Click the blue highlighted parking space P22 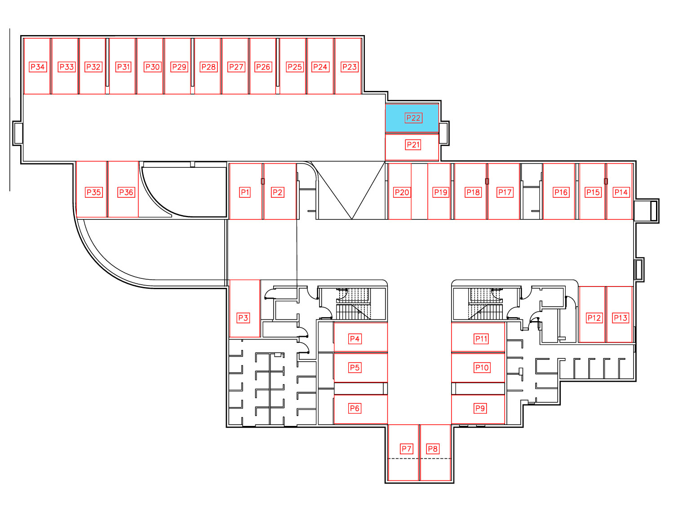pyautogui.click(x=412, y=118)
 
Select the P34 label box pyautogui.click(x=38, y=67)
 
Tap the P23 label pyautogui.click(x=350, y=67)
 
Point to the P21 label pyautogui.click(x=413, y=145)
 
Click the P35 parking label pyautogui.click(x=93, y=193)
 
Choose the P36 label pyautogui.click(x=126, y=193)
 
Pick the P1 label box pyautogui.click(x=245, y=193)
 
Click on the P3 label pyautogui.click(x=243, y=318)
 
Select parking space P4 pyautogui.click(x=360, y=337)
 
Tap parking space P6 pyautogui.click(x=360, y=409)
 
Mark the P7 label pyautogui.click(x=406, y=449)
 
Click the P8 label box pyautogui.click(x=433, y=449)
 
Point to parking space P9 pyautogui.click(x=478, y=409)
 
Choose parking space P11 pyautogui.click(x=478, y=337)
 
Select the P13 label pyautogui.click(x=620, y=318)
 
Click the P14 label pyautogui.click(x=621, y=193)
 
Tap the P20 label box pyautogui.click(x=402, y=193)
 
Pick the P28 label pyautogui.click(x=208, y=67)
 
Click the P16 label pyautogui.click(x=561, y=193)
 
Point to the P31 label pyautogui.click(x=123, y=67)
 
